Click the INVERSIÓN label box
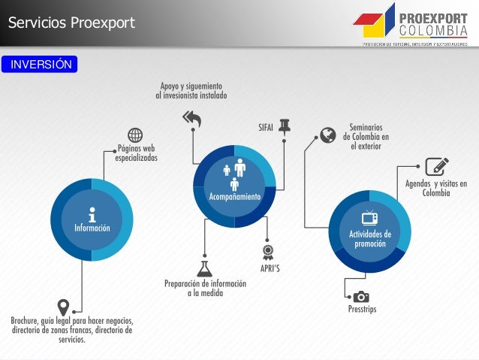pyautogui.click(x=40, y=65)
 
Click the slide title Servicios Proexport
pyautogui.click(x=71, y=23)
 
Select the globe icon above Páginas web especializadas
pyautogui.click(x=135, y=135)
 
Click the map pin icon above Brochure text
pyautogui.click(x=64, y=307)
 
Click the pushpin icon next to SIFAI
pyautogui.click(x=285, y=126)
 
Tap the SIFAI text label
pyautogui.click(x=265, y=128)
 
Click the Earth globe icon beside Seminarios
pyautogui.click(x=327, y=135)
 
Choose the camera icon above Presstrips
pyautogui.click(x=361, y=296)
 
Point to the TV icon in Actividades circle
pyautogui.click(x=370, y=218)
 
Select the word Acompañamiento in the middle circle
pyautogui.click(x=234, y=196)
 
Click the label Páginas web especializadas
pyautogui.click(x=136, y=153)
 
